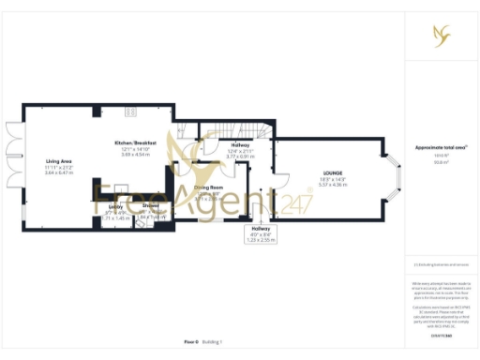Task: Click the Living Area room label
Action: pyautogui.click(x=58, y=161)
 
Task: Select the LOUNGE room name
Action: pyautogui.click(x=333, y=173)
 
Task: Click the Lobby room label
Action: pyautogui.click(x=115, y=205)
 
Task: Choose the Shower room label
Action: pyautogui.click(x=150, y=205)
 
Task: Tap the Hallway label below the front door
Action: pyautogui.click(x=262, y=228)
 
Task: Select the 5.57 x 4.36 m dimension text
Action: pyautogui.click(x=333, y=186)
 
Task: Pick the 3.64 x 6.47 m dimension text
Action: pyautogui.click(x=58, y=173)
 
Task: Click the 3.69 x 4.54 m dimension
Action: pyautogui.click(x=134, y=154)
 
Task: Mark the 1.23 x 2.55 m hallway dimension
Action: pyautogui.click(x=262, y=240)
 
